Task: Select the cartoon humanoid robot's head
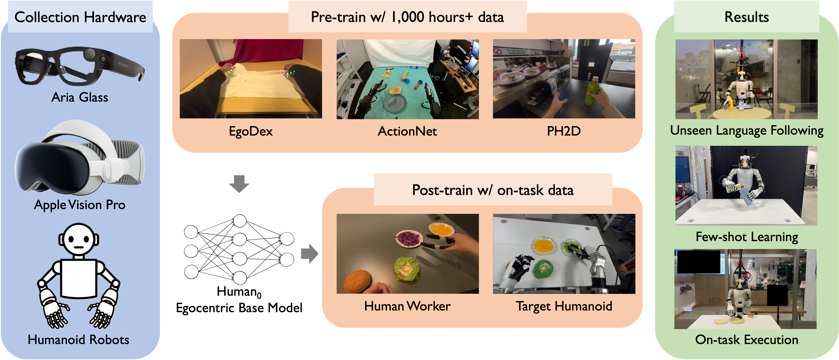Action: pyautogui.click(x=78, y=239)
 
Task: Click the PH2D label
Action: pyautogui.click(x=564, y=131)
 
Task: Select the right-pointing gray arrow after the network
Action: pyautogui.click(x=309, y=253)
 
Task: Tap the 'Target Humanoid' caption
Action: pyautogui.click(x=564, y=306)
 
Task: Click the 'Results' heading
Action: pyautogui.click(x=746, y=17)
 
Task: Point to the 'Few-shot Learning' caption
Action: pyautogui.click(x=746, y=237)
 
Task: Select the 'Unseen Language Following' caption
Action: pyautogui.click(x=746, y=130)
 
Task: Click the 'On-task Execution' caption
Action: pyautogui.click(x=746, y=340)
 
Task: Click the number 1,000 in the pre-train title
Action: pyautogui.click(x=408, y=17)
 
